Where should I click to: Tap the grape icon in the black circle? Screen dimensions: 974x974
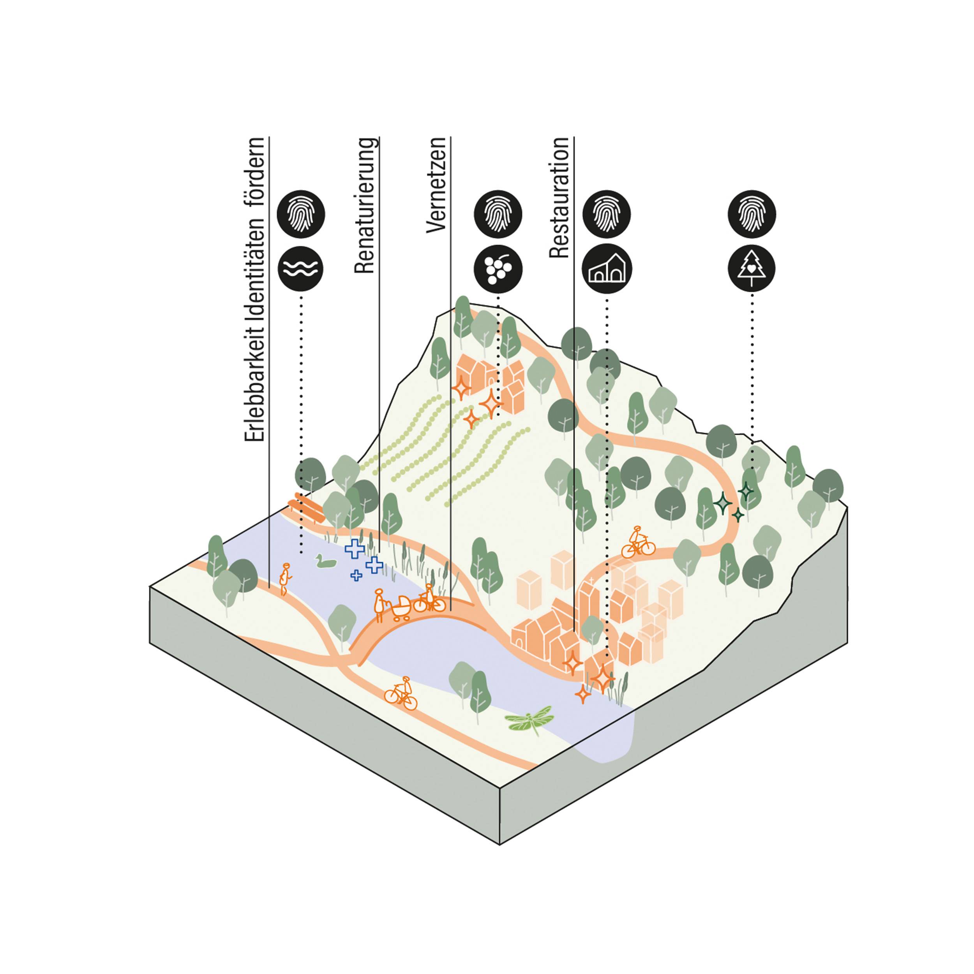pyautogui.click(x=498, y=269)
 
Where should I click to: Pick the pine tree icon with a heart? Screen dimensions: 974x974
pyautogui.click(x=751, y=268)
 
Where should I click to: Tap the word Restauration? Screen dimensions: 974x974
pyautogui.click(x=559, y=198)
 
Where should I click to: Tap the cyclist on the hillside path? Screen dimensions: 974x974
pyautogui.click(x=637, y=543)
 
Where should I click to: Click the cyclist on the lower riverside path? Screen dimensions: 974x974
pyautogui.click(x=401, y=694)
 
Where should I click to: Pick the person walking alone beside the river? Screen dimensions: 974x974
pyautogui.click(x=285, y=579)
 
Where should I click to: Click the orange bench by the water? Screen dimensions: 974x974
pyautogui.click(x=305, y=508)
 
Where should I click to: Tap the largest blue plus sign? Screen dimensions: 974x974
pyautogui.click(x=355, y=549)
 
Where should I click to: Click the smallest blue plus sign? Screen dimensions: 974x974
pyautogui.click(x=356, y=575)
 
